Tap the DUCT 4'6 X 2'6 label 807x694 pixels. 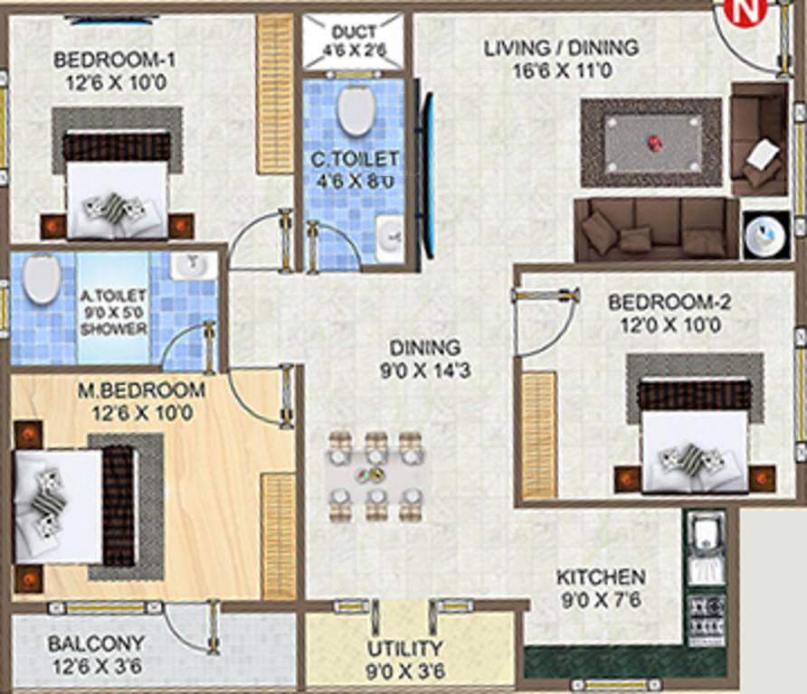(355, 42)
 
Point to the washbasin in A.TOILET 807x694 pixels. (193, 266)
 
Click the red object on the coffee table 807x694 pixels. (652, 142)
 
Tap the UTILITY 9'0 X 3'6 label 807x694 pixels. (404, 658)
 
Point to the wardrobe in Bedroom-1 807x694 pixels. (274, 94)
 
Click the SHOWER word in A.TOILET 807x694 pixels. (113, 329)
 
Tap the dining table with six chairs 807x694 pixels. (374, 475)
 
